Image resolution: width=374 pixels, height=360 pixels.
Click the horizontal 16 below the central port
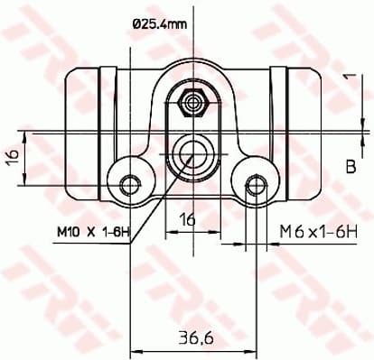coord(187,219)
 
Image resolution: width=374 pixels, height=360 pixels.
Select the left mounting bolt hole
coord(132,185)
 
